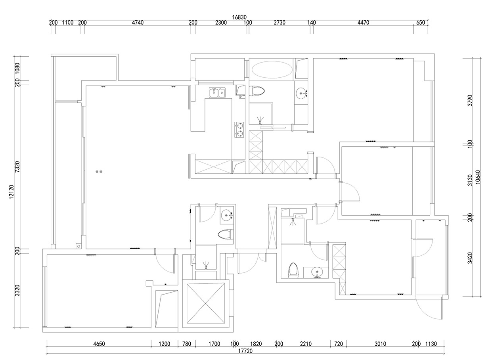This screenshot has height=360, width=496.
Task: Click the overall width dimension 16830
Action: point(239,17)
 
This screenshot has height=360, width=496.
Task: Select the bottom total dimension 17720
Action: point(245,351)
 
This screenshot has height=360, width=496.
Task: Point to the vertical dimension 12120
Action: point(11,192)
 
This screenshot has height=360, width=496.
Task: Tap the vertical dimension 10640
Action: point(478,177)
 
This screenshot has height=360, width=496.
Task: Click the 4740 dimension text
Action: point(138,23)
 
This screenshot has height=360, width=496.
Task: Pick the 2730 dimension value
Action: point(280,23)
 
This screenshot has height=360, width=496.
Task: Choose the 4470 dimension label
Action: point(363,23)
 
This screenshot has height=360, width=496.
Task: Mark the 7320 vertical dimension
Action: point(17,167)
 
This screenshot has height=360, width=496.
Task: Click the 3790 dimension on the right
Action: point(470,101)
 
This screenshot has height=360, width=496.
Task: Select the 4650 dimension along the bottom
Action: point(99,344)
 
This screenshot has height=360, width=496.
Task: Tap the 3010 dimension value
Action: point(380,344)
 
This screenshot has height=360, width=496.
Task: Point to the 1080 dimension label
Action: point(17,69)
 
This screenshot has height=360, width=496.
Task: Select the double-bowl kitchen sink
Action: point(217,92)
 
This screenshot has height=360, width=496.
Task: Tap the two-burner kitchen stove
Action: point(239,130)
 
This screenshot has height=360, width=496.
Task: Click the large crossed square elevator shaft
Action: point(206,304)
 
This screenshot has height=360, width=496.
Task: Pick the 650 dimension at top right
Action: point(421,23)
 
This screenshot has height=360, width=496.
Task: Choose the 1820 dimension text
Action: point(256,344)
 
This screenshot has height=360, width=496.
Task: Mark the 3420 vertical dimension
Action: point(470,258)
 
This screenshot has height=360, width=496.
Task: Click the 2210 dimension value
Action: point(306,344)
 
